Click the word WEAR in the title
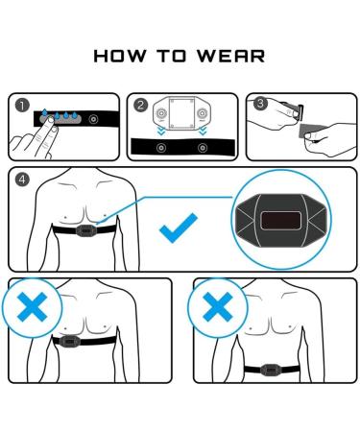232,57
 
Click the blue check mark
178,227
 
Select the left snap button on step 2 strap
160,148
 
